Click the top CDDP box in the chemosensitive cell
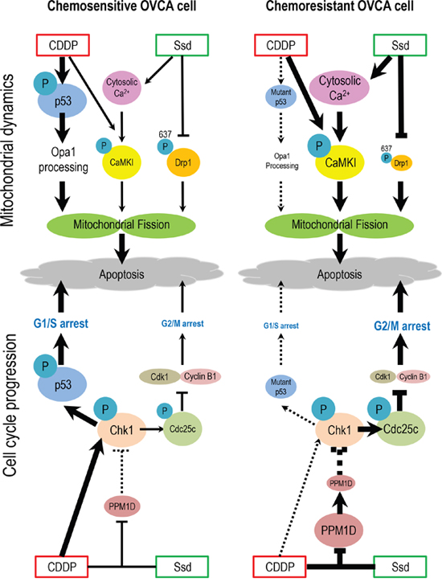63,45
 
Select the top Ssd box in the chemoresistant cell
399,45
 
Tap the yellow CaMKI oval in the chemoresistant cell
340,162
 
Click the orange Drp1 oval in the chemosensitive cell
183,162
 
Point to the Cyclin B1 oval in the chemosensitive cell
200,377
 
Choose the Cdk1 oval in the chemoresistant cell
383,377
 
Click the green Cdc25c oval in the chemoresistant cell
401,429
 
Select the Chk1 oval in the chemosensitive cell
121,430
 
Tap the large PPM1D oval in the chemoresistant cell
339,530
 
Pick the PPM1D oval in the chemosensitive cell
122,506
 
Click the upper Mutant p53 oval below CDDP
281,96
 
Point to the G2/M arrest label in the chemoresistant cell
402,326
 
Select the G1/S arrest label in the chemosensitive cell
61,323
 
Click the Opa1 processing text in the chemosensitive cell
63,160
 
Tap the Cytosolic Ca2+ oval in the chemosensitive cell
121,88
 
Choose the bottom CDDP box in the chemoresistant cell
280,567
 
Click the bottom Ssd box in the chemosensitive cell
182,567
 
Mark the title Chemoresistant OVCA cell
340,6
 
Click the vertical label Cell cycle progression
10,404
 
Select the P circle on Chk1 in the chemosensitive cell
105,409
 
